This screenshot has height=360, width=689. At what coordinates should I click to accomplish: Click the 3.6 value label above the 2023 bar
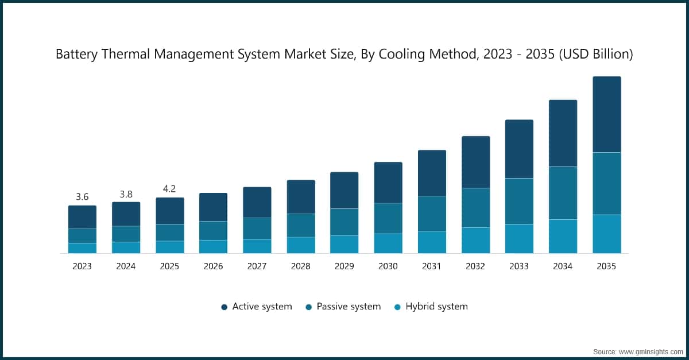pos(82,197)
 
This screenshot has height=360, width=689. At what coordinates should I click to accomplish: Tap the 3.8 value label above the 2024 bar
pos(126,193)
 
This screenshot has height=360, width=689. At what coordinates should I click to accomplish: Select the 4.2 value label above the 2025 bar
pos(169,189)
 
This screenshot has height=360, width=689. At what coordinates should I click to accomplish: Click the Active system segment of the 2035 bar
pos(606,114)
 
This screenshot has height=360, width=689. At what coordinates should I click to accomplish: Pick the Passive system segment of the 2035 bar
pos(606,183)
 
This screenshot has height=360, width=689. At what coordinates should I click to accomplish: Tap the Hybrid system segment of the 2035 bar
pos(606,234)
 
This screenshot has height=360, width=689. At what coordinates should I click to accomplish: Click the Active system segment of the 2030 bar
pos(388,183)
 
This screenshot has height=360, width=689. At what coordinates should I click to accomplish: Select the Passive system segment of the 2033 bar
pos(519,201)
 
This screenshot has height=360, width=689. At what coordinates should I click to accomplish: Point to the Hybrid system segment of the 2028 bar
pos(301,245)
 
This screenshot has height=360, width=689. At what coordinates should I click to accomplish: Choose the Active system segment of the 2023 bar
pos(82,217)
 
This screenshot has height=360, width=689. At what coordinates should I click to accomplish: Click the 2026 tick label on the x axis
pos(213,266)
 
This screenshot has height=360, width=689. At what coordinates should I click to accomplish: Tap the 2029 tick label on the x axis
pos(344,266)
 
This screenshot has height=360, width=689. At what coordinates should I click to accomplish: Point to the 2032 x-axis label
pos(475,266)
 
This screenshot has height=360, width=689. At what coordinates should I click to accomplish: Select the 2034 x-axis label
pos(563,266)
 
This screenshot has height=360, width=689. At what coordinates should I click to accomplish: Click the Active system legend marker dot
pos(224,307)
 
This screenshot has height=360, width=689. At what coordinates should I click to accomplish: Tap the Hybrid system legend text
pos(436,307)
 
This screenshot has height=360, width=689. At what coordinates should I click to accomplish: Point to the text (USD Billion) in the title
pos(597,55)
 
